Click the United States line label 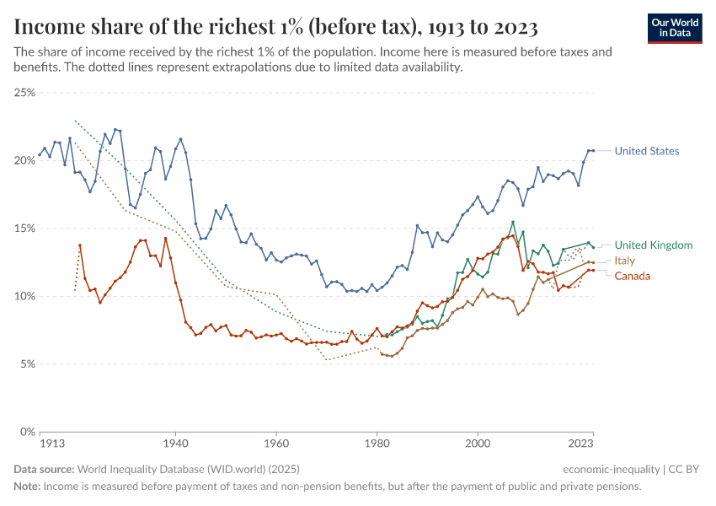(x=646, y=151)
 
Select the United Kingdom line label (x=653, y=245)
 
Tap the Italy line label (x=624, y=261)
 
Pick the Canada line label (x=632, y=276)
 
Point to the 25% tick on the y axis (x=24, y=92)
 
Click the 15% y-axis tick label (x=24, y=228)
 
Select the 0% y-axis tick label (x=27, y=432)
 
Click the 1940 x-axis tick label (x=175, y=442)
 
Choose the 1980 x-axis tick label (x=377, y=442)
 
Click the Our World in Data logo (x=675, y=28)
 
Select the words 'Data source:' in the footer (x=44, y=469)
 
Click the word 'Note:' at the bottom (x=27, y=487)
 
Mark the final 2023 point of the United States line (x=593, y=150)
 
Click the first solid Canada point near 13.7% (x=80, y=245)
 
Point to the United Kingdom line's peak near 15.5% (x=513, y=222)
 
